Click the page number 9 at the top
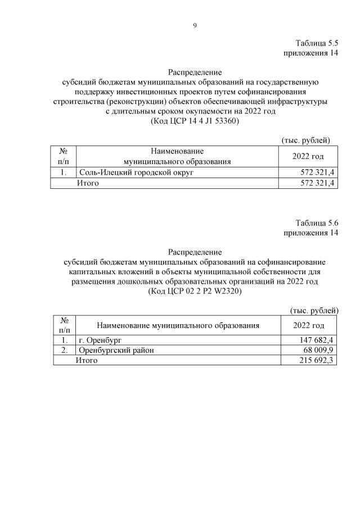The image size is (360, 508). [195, 25]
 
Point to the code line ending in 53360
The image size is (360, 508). [195, 121]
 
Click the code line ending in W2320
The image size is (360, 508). [195, 292]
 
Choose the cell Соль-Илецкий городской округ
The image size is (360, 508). [136, 173]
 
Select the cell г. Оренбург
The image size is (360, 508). [100, 340]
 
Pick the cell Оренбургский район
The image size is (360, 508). [116, 350]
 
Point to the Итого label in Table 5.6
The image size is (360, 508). [87, 360]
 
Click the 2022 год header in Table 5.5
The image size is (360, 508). [308, 156]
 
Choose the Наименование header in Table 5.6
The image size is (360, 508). [178, 325]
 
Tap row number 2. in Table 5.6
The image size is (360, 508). [64, 350]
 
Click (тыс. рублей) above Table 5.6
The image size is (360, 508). [313, 310]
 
